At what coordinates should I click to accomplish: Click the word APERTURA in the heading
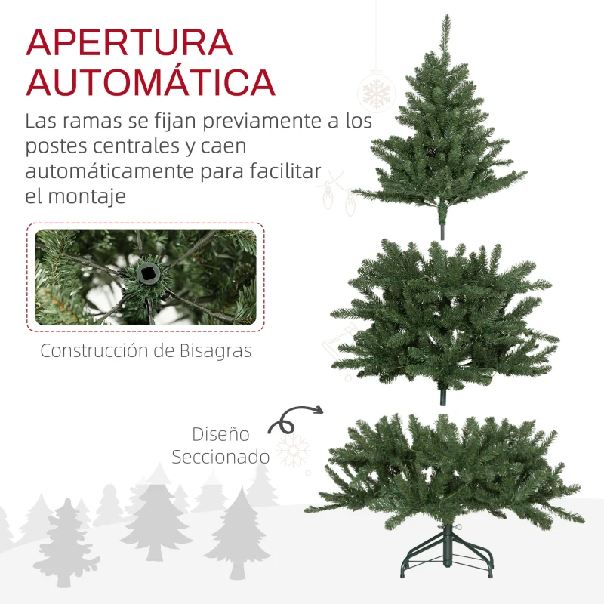tap(129, 43)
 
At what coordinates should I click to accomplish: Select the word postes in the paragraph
tap(54, 146)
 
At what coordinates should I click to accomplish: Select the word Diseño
tap(220, 434)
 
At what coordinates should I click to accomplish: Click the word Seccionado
tap(220, 457)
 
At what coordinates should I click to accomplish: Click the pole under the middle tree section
tap(443, 397)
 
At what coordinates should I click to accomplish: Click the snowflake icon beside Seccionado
tap(293, 451)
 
